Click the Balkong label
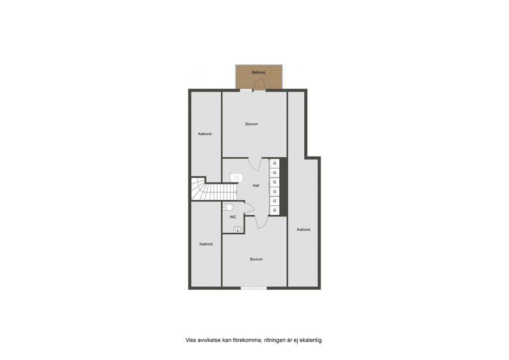pyautogui.click(x=258, y=73)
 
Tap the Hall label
pyautogui.click(x=256, y=185)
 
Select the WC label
pyautogui.click(x=233, y=217)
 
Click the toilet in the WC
pyautogui.click(x=228, y=207)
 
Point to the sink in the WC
pyautogui.click(x=238, y=229)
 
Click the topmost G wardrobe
pyautogui.click(x=274, y=163)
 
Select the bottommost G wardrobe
pyautogui.click(x=274, y=210)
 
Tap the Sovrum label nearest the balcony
pyautogui.click(x=252, y=124)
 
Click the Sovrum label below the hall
pyautogui.click(x=256, y=259)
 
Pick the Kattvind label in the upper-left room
pyautogui.click(x=205, y=134)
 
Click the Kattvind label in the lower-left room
pyautogui.click(x=206, y=244)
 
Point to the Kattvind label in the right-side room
pyautogui.click(x=303, y=230)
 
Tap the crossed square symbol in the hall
pyautogui.click(x=237, y=178)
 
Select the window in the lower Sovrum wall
pyautogui.click(x=254, y=288)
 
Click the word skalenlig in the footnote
pyautogui.click(x=311, y=340)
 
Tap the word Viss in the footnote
pyautogui.click(x=191, y=340)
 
